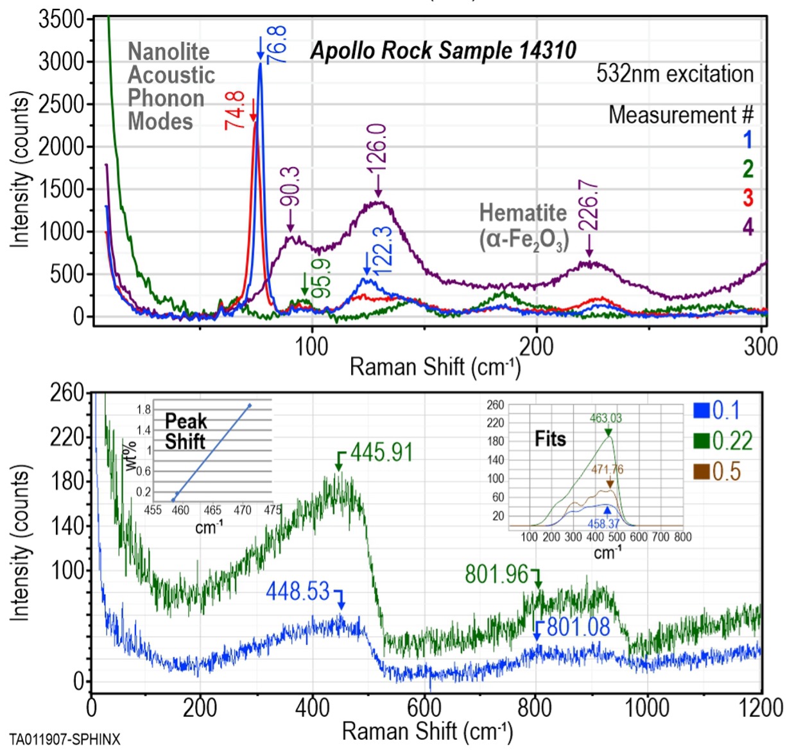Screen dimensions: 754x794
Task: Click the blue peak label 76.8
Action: click(277, 45)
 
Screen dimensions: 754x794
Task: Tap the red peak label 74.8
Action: click(235, 110)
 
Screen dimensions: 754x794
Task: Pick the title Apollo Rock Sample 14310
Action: click(443, 51)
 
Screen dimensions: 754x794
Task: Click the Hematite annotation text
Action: click(523, 212)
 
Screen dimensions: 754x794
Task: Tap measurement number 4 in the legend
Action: click(748, 227)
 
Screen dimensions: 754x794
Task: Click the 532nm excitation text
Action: click(675, 74)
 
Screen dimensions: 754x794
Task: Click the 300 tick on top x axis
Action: click(761, 347)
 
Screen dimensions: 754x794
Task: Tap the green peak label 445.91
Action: click(381, 452)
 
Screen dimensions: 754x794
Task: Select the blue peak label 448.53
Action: click(298, 591)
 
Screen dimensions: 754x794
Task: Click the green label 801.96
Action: click(496, 574)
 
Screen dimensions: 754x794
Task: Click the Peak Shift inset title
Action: click(186, 431)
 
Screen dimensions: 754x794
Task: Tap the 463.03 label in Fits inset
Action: click(606, 418)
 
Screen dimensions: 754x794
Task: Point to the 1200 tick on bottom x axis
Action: click(761, 707)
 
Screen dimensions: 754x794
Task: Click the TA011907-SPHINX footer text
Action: click(65, 739)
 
